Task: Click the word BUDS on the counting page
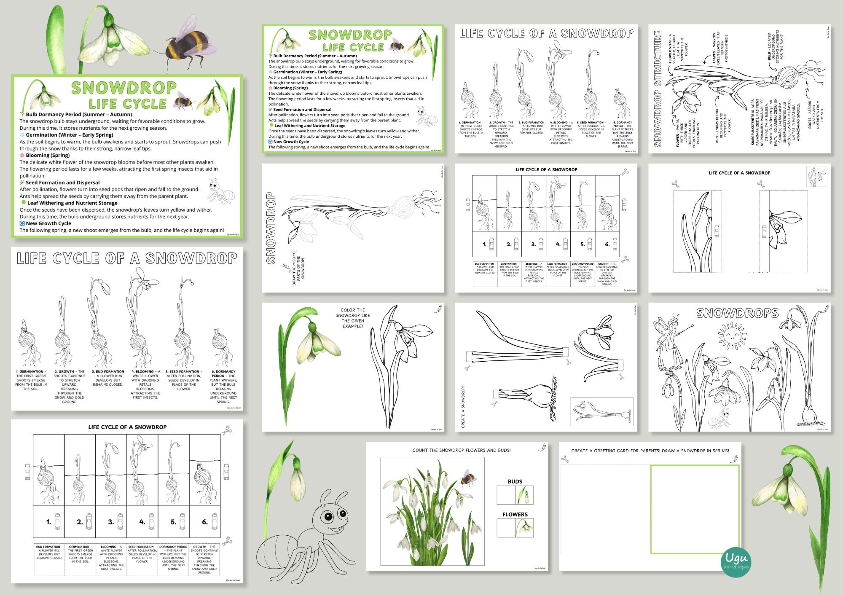tap(515, 481)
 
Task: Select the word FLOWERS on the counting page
tap(515, 514)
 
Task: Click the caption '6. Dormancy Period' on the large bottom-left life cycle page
tap(223, 374)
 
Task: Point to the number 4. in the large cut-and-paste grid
tap(142, 522)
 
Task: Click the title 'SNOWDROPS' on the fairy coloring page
tap(737, 313)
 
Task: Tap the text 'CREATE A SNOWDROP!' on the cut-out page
tap(463, 407)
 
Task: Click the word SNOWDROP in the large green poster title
tap(124, 87)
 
